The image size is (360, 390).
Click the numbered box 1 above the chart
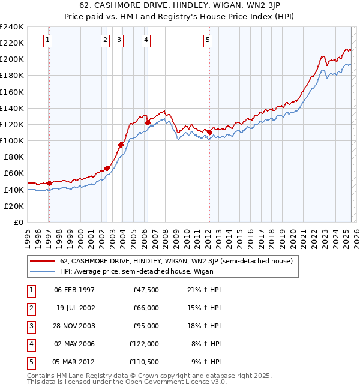[x=47, y=40]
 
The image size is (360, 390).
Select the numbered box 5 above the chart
[x=208, y=40]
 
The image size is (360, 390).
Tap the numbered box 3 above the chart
[x=119, y=40]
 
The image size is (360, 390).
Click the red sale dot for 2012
[x=209, y=132]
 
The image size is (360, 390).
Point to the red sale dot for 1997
[x=49, y=183]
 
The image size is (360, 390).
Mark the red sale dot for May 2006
[x=148, y=122]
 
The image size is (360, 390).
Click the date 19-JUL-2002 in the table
[x=75, y=308]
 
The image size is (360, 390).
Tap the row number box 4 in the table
[x=30, y=344]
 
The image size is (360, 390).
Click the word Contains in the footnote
[x=43, y=376]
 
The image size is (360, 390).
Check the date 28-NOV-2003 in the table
[x=74, y=326]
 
